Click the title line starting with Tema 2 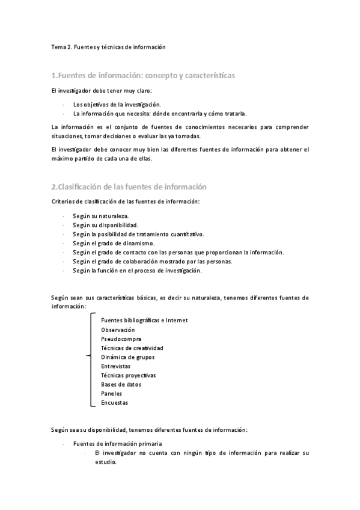click(108, 46)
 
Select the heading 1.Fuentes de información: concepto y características click(143, 76)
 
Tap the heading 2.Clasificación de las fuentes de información click(129, 186)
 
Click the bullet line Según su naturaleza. click(100, 215)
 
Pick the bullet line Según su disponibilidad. click(105, 225)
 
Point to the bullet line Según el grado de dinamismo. click(114, 244)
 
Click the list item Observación click(118, 330)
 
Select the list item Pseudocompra click(121, 339)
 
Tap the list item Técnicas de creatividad click(132, 348)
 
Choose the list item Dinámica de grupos click(128, 357)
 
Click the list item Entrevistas click(116, 366)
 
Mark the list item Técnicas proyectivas click(129, 375)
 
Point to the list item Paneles click(112, 393)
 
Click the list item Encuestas click(114, 402)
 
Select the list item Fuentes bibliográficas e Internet click(144, 320)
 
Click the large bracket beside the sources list click(91, 361)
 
